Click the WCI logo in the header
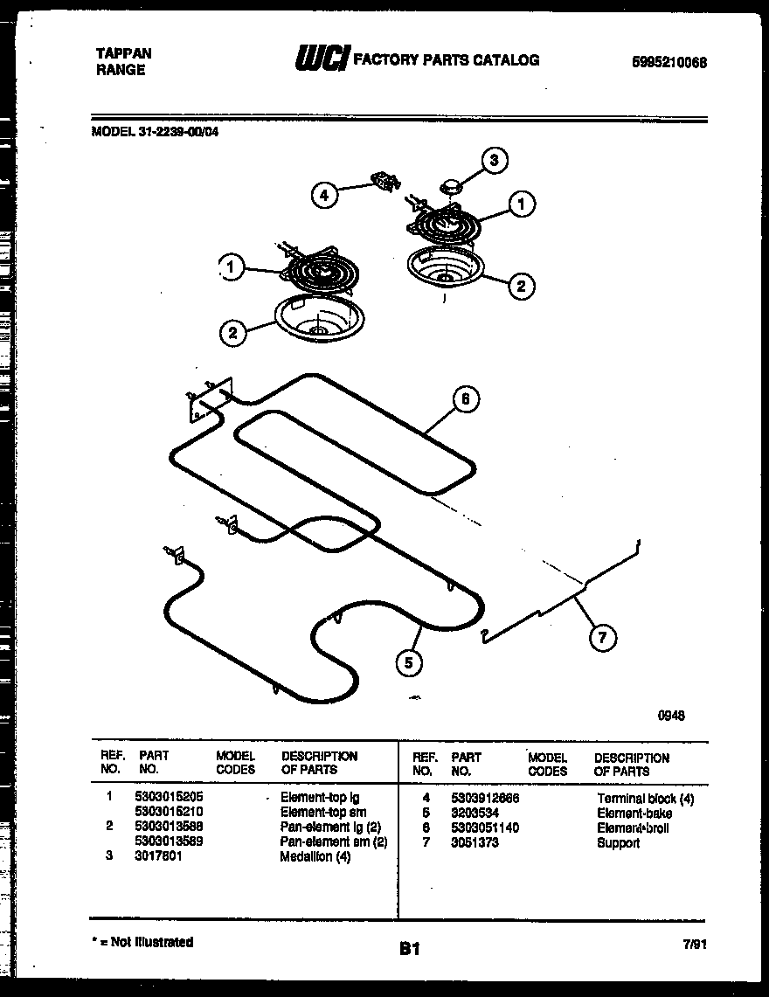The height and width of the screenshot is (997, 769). pyautogui.click(x=322, y=59)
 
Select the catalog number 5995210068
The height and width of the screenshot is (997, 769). pyautogui.click(x=669, y=62)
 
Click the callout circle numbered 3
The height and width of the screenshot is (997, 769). pyautogui.click(x=495, y=160)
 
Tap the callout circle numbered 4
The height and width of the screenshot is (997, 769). pyautogui.click(x=324, y=196)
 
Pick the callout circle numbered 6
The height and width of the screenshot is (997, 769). pyautogui.click(x=465, y=400)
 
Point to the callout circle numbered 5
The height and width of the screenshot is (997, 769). pyautogui.click(x=407, y=662)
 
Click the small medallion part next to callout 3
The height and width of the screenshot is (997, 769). pyautogui.click(x=452, y=185)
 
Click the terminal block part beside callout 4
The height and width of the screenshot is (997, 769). pyautogui.click(x=384, y=181)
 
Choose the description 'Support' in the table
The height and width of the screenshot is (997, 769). pyautogui.click(x=618, y=843)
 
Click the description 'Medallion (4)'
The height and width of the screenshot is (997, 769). pyautogui.click(x=315, y=857)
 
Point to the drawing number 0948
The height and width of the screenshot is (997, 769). pyautogui.click(x=670, y=715)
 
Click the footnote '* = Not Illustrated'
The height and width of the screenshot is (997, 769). pyautogui.click(x=142, y=942)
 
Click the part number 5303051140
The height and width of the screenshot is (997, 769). pyautogui.click(x=485, y=828)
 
